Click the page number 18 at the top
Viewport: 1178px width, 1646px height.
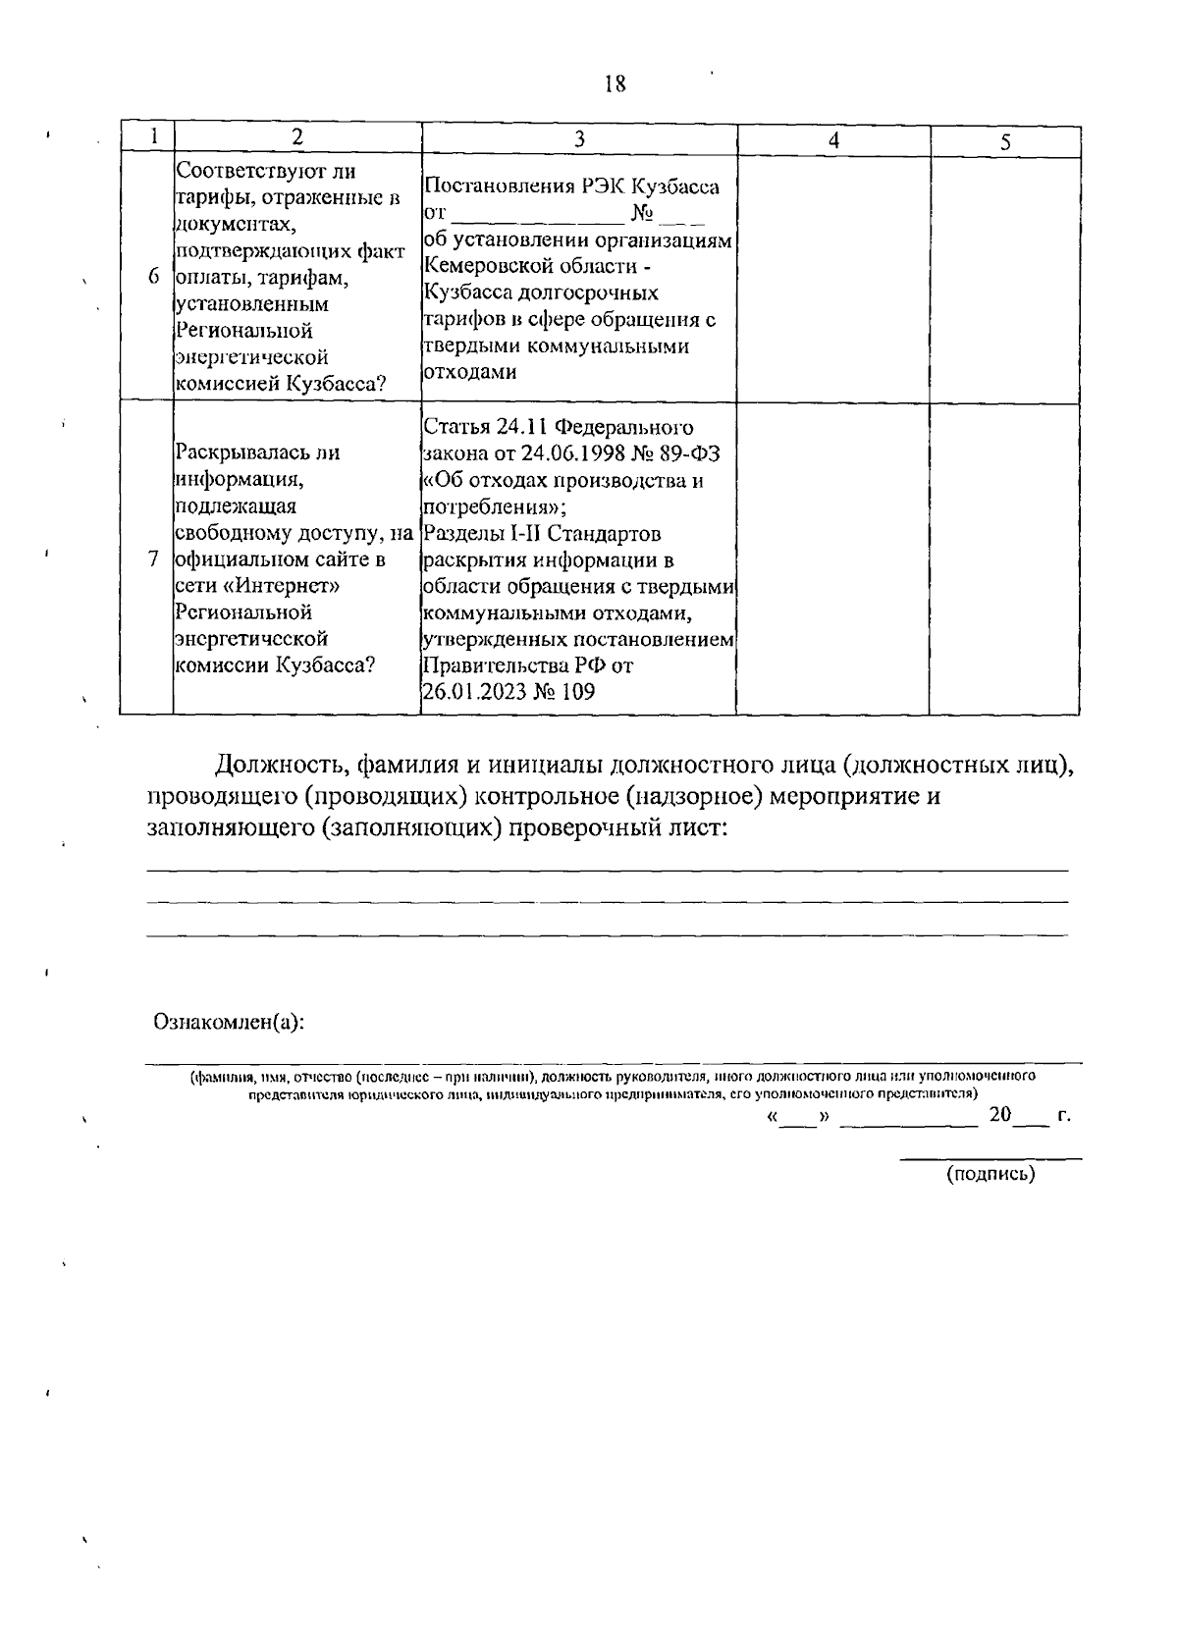click(615, 84)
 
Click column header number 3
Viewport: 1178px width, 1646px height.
click(579, 139)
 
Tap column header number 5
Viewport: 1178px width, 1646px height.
click(1005, 142)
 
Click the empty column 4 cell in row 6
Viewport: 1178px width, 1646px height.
click(832, 277)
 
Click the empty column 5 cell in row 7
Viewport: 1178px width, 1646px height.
click(1004, 558)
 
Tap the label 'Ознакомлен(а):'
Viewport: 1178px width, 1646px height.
click(229, 1022)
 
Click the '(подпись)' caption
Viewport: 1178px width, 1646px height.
click(991, 1173)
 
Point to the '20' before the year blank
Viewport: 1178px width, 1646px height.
click(999, 1115)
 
